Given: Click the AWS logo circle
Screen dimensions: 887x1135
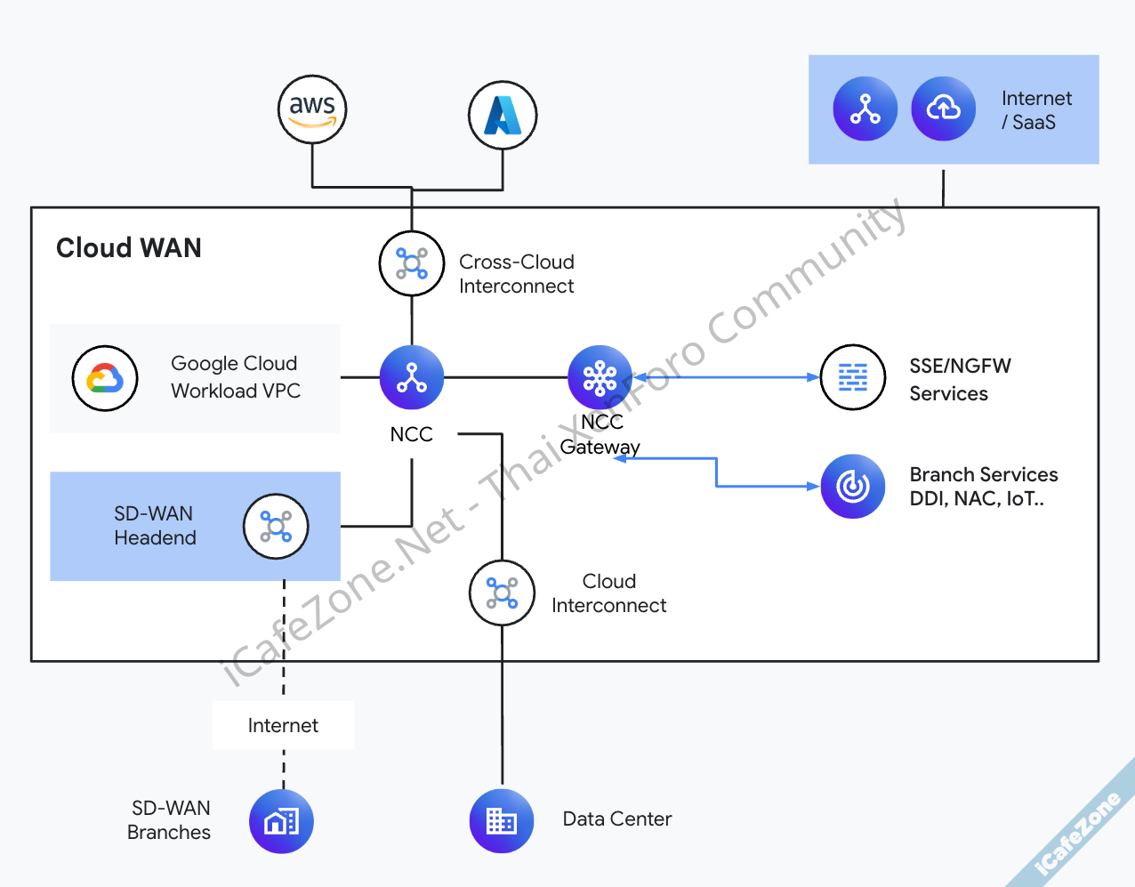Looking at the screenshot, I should tap(311, 109).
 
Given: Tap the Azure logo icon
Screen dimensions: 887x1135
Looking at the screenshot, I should tap(503, 116).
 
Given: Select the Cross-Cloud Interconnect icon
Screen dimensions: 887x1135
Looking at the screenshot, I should tap(412, 263).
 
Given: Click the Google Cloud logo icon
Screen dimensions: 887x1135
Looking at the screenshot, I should tap(105, 378).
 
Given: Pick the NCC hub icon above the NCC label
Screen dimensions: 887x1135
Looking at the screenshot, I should tap(412, 377).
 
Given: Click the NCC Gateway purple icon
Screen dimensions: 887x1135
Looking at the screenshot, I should tap(600, 377).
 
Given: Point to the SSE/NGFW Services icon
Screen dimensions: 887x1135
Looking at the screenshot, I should tap(852, 377).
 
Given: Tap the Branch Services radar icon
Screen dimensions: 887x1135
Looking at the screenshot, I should tap(852, 486).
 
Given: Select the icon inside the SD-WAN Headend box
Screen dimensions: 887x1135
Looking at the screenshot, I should tap(276, 527).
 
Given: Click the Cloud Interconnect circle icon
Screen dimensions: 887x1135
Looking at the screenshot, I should tap(503, 593).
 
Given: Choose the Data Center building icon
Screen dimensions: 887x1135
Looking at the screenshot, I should tap(502, 820).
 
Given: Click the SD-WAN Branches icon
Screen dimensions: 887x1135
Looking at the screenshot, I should tap(281, 820).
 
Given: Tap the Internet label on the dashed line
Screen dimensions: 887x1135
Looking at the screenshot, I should tap(283, 725).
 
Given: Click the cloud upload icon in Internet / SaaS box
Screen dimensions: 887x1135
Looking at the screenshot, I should tap(943, 109).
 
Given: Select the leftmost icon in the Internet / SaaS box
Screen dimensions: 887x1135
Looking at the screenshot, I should tap(865, 109).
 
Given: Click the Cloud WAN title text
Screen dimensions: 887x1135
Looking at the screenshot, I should tap(129, 247).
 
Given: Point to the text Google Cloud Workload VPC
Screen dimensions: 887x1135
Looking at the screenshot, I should tap(236, 377).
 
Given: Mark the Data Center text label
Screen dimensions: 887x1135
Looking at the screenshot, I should tap(617, 818).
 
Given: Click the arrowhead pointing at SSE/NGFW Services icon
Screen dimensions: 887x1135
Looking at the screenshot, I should tap(813, 377).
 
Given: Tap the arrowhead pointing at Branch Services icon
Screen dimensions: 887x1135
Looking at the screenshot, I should tap(813, 487).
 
